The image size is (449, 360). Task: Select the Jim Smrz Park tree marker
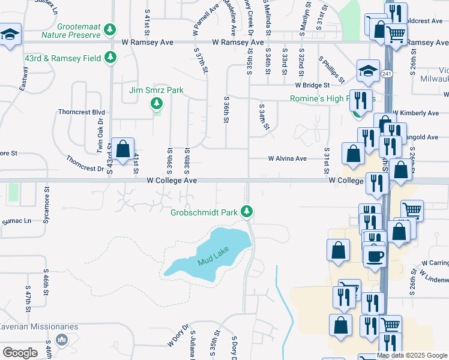[157, 104]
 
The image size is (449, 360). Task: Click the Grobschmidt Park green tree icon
[246, 212]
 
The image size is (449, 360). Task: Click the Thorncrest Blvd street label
[82, 112]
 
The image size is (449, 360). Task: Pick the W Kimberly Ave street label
[415, 113]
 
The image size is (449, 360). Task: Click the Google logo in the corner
[20, 352]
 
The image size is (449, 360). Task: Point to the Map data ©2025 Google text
[412, 355]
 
